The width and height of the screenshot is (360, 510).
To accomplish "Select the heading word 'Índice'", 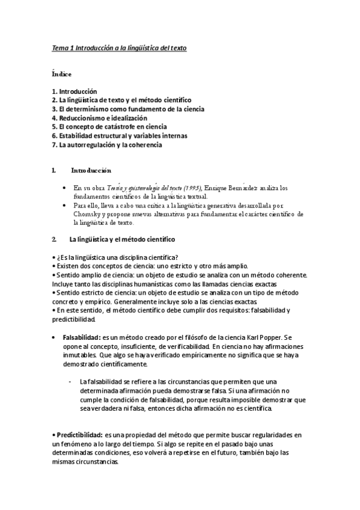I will tap(61, 75).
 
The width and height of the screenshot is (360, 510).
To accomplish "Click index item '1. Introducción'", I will tap(74, 91).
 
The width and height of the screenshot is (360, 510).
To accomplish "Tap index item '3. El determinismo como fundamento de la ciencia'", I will tap(128, 109).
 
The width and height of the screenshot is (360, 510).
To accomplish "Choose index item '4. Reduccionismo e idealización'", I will tap(103, 118).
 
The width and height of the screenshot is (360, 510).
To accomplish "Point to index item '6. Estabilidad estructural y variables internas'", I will tap(120, 136).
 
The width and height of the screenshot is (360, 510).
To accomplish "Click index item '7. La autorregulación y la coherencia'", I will tap(107, 145).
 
